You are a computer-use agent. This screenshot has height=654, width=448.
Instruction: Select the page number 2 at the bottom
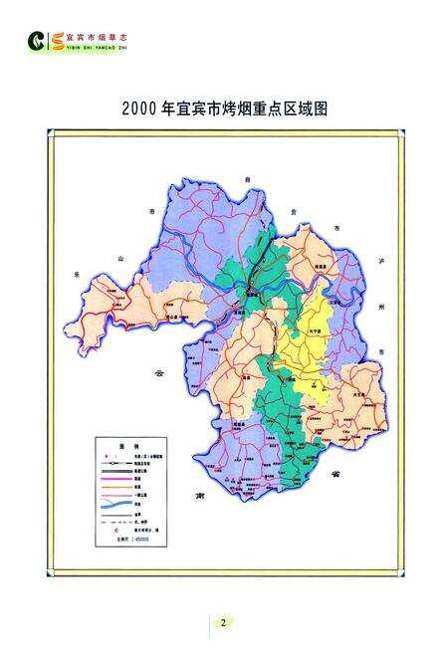click(x=223, y=622)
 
